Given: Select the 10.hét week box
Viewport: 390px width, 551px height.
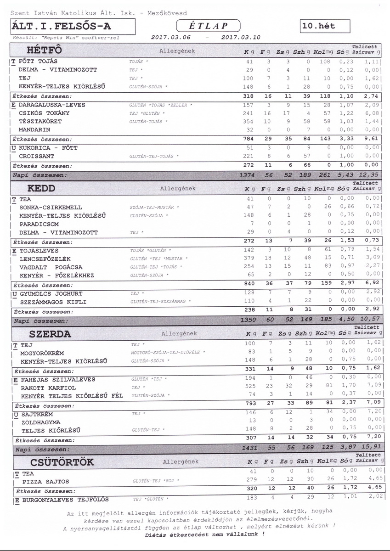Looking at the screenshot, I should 324,26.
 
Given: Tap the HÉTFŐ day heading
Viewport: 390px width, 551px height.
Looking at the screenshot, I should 45,50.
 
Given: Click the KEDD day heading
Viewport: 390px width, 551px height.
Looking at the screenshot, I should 41,188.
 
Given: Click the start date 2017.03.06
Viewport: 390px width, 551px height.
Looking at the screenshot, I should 170,38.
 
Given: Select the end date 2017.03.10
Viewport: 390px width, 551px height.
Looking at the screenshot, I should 240,38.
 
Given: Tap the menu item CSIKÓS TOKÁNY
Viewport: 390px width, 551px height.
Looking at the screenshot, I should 44,113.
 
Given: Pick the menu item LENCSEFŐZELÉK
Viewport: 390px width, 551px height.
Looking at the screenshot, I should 45,259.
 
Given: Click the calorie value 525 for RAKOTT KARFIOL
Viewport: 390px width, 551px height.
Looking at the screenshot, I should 249,388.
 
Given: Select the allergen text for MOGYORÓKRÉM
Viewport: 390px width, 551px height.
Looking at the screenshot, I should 168,352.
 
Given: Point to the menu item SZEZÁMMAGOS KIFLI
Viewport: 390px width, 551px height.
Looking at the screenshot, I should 53,302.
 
